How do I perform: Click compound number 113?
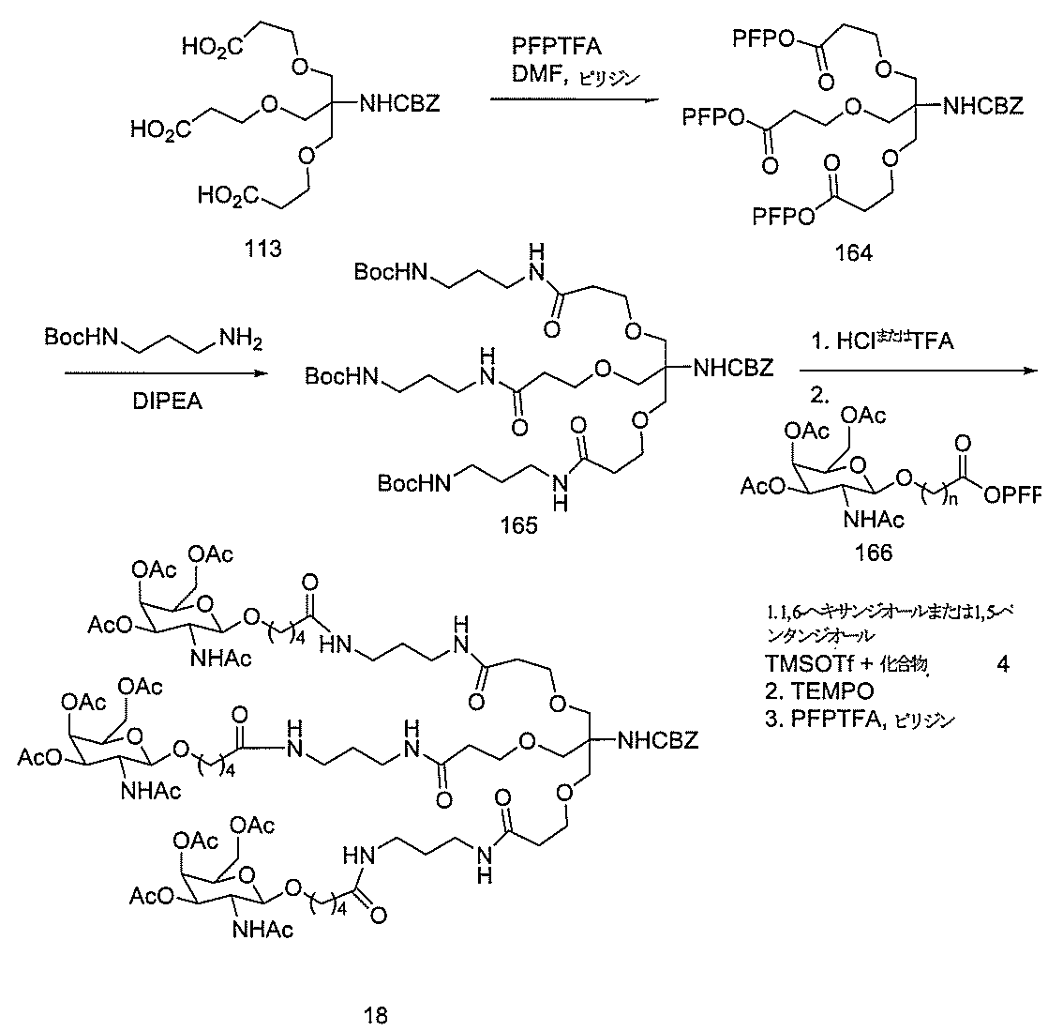(263, 252)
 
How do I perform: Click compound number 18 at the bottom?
(376, 1014)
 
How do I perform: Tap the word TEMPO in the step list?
(831, 692)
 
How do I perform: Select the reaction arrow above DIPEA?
(158, 372)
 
